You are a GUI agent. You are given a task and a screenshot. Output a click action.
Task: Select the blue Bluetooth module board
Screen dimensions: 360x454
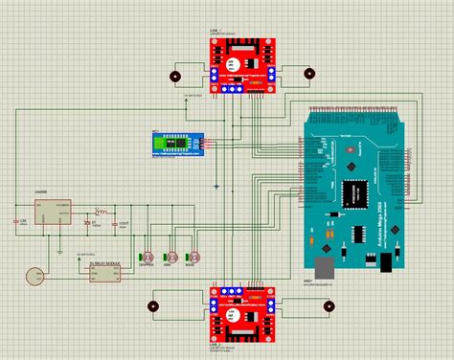[178, 144]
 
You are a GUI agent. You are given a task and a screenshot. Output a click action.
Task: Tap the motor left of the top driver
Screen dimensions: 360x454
[174, 77]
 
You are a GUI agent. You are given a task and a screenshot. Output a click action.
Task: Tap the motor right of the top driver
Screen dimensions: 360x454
[308, 73]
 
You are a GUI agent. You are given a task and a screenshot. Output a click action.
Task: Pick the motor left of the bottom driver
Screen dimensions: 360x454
[152, 307]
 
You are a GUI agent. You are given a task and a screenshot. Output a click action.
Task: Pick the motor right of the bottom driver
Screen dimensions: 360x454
[327, 307]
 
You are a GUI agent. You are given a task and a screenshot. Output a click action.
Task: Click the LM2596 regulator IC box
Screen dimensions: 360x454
[55, 213]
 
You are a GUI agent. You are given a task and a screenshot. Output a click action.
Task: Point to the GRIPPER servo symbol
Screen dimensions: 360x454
[149, 258]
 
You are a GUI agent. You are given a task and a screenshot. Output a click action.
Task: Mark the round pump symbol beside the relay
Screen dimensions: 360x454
[34, 276]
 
